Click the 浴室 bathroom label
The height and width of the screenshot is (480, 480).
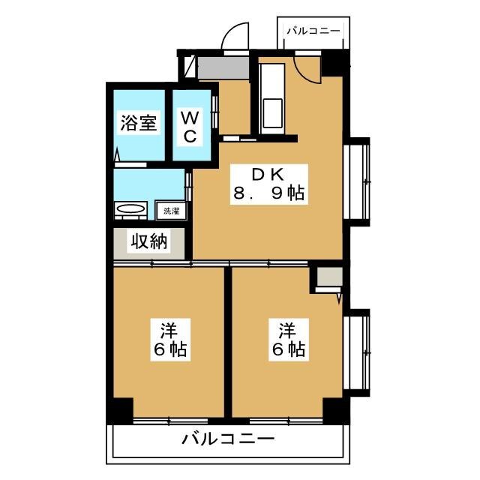click(x=139, y=124)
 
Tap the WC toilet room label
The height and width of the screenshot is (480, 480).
click(x=190, y=126)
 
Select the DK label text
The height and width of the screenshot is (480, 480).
click(x=267, y=174)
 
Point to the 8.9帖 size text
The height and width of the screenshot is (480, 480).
click(x=267, y=194)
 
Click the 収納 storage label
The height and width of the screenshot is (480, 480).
click(x=148, y=241)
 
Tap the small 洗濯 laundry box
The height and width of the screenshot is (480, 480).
click(x=172, y=211)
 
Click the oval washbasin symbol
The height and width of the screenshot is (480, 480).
click(x=132, y=210)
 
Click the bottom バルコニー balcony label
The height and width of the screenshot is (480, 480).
click(x=228, y=439)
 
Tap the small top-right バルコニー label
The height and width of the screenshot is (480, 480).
click(x=313, y=31)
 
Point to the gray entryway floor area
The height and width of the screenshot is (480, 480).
click(x=223, y=67)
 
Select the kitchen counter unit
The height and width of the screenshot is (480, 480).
click(x=271, y=97)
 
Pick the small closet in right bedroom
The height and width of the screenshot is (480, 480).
click(x=328, y=277)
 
